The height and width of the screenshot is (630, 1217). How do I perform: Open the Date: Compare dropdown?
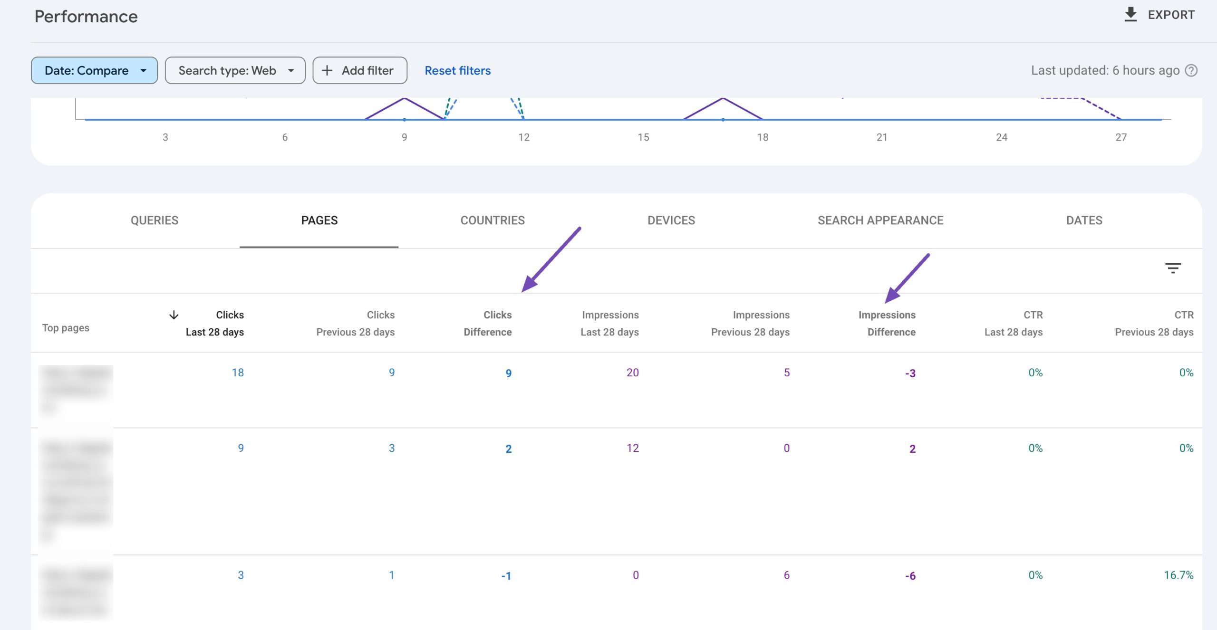pyautogui.click(x=94, y=70)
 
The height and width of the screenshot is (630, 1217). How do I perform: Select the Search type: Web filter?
pyautogui.click(x=235, y=70)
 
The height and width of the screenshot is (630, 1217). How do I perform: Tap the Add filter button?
pyautogui.click(x=359, y=70)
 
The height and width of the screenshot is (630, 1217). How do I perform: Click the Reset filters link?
pyautogui.click(x=457, y=70)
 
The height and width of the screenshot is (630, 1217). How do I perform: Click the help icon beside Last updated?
pyautogui.click(x=1191, y=70)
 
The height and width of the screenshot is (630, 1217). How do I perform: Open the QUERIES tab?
pyautogui.click(x=155, y=220)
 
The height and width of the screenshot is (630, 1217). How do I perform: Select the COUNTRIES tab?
pyautogui.click(x=493, y=220)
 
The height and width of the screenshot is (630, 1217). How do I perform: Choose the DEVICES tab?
pyautogui.click(x=671, y=220)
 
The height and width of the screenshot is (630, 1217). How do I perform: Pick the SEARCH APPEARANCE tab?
pyautogui.click(x=880, y=220)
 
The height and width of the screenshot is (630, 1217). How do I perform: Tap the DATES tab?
pyautogui.click(x=1084, y=220)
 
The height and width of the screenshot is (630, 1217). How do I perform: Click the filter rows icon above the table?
pyautogui.click(x=1173, y=268)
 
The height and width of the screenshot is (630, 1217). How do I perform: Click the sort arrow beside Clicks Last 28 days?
pyautogui.click(x=174, y=315)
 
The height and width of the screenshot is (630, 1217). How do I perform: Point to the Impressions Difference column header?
pyautogui.click(x=887, y=323)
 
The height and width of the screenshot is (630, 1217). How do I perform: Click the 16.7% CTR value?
pyautogui.click(x=1178, y=575)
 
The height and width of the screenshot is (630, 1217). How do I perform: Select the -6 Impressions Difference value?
pyautogui.click(x=910, y=576)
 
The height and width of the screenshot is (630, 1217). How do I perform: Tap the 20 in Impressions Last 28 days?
pyautogui.click(x=632, y=372)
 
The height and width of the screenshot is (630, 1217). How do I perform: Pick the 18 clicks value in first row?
pyautogui.click(x=238, y=372)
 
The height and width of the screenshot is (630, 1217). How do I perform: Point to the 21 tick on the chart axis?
pyautogui.click(x=882, y=137)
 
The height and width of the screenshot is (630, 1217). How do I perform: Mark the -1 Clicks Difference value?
pyautogui.click(x=506, y=576)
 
